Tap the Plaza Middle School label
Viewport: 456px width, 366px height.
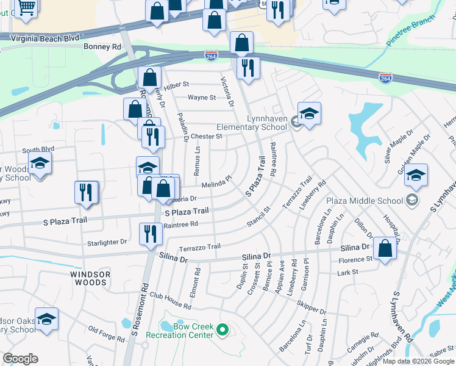(365, 201)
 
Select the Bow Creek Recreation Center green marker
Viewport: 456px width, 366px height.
(223, 331)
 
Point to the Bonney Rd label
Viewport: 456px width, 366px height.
(104, 46)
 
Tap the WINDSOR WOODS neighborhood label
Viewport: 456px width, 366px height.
(90, 279)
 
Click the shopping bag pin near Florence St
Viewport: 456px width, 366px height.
(385, 248)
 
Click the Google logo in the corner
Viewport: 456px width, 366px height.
(20, 359)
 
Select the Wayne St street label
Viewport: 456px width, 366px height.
(202, 98)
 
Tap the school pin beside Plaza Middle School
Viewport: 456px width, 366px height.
(416, 174)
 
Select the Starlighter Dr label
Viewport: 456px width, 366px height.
(107, 242)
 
